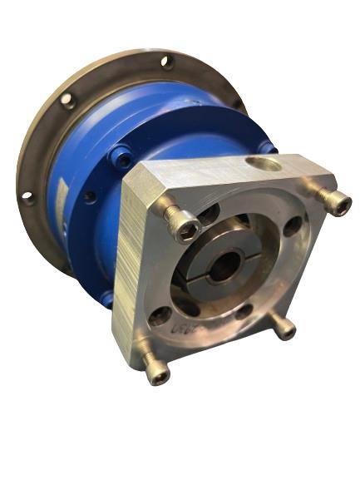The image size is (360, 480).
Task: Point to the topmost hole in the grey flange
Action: (167, 62)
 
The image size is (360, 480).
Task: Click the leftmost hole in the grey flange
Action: (28, 198)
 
